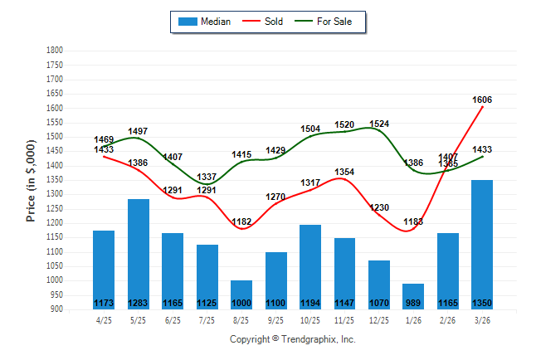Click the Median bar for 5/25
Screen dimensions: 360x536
click(x=139, y=253)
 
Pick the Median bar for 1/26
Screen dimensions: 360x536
click(x=413, y=295)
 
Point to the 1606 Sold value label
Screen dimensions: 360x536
click(x=482, y=100)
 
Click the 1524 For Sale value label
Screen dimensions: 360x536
click(x=378, y=124)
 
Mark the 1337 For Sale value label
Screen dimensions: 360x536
click(x=207, y=177)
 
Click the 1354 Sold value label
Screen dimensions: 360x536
click(x=344, y=172)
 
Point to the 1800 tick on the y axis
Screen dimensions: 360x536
click(x=54, y=50)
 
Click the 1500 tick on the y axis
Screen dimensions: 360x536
click(x=54, y=137)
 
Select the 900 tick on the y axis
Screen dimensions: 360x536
click(x=56, y=309)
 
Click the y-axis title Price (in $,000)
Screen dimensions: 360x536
click(x=31, y=180)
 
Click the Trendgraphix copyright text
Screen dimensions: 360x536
click(x=292, y=339)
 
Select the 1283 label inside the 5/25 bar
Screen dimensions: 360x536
click(x=139, y=303)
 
